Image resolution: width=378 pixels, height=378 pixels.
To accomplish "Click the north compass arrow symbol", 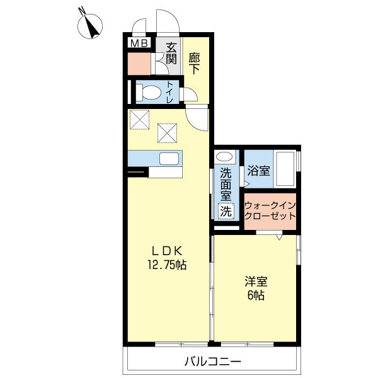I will coord(93,26).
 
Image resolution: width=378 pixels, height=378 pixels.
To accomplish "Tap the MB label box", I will coord(139,43).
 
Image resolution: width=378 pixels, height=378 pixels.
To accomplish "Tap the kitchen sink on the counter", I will coord(169,159).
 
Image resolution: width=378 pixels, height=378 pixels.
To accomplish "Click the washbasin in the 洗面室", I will coord(224,157).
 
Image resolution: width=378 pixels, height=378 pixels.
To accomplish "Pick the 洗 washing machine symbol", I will coord(226,212).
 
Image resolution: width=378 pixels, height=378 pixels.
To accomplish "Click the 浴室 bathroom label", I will coord(258,170).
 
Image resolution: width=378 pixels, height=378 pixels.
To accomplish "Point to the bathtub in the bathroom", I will coord(286,169).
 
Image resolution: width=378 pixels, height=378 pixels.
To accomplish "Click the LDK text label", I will coord(166,250).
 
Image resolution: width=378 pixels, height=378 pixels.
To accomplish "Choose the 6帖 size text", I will coord(255,295).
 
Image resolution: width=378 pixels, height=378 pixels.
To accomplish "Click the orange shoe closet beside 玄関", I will coord(139,63).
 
